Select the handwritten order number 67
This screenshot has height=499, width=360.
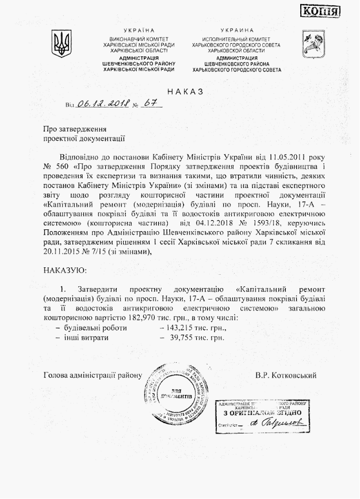(151, 103)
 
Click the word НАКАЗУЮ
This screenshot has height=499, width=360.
(65, 268)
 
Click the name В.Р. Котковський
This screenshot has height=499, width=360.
(286, 375)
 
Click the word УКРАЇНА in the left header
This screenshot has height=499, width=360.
(139, 30)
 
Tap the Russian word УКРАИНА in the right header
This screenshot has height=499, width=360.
(237, 30)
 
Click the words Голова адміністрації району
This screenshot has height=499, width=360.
(92, 375)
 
